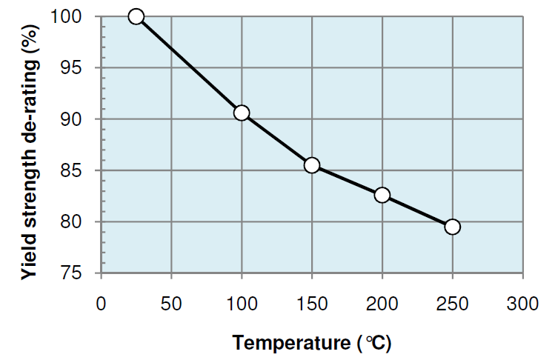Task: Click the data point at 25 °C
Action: pos(136,16)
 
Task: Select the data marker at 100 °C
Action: pos(242,113)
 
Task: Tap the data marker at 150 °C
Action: pos(312,165)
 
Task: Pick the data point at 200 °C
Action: pos(382,195)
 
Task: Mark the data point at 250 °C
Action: pos(452,227)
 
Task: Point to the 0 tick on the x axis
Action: pos(102,304)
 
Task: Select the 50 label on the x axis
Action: pos(171,304)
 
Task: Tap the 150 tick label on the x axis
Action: pos(312,304)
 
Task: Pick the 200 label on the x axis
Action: pos(382,304)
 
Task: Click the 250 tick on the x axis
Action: pos(452,304)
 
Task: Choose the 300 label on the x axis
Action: pos(522,304)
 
